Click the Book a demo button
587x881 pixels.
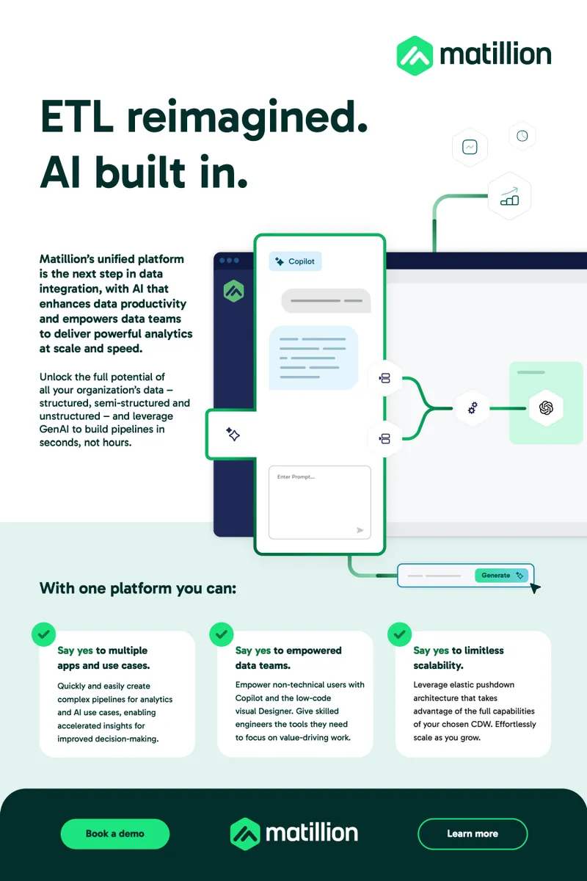point(114,833)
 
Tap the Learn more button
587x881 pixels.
point(473,833)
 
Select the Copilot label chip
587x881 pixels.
point(295,261)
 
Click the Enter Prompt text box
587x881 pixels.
point(320,502)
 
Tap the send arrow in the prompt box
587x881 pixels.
point(360,530)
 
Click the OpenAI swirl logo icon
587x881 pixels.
point(546,408)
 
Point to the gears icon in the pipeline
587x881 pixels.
point(473,408)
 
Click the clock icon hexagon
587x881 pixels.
point(522,136)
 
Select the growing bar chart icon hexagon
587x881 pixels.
point(509,196)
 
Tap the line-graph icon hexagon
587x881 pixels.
point(470,147)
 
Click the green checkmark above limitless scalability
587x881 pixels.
point(399,634)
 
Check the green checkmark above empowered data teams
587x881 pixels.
point(222,634)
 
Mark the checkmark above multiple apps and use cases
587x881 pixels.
point(43,634)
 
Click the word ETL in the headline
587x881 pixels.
point(76,117)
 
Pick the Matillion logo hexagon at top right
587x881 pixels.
point(415,56)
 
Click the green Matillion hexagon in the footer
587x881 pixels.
point(244,834)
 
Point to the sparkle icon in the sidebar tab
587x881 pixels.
point(233,434)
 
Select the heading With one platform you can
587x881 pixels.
point(138,588)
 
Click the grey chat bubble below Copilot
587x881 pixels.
point(326,301)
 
